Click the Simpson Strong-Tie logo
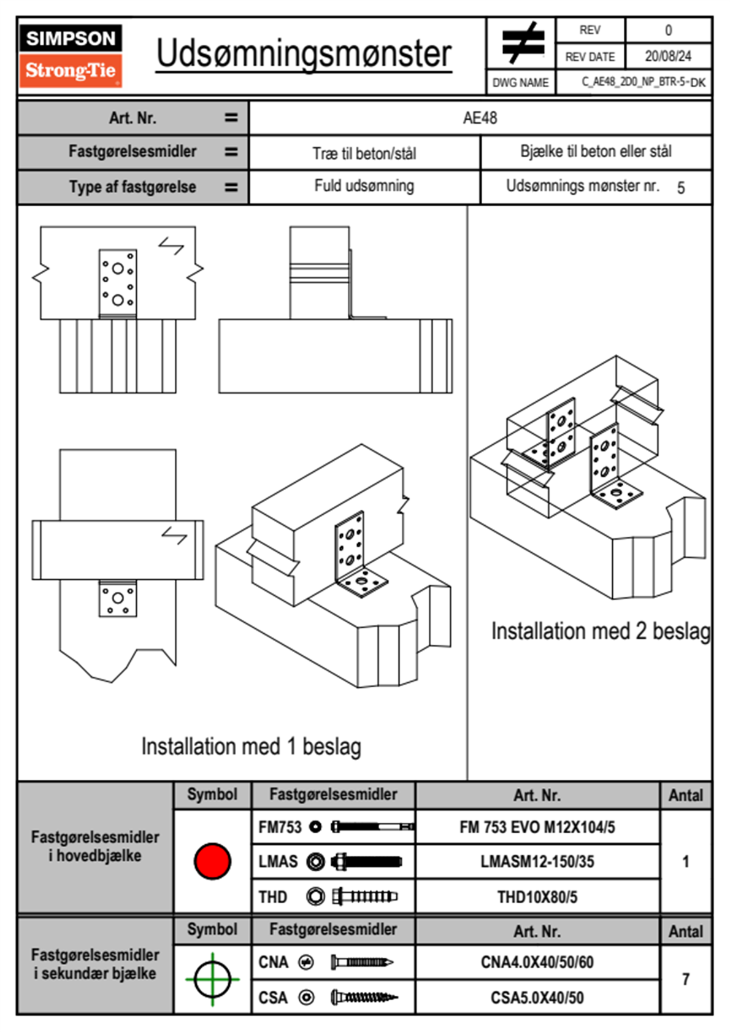tap(71, 56)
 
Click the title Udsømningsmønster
tap(304, 54)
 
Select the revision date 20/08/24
tap(667, 56)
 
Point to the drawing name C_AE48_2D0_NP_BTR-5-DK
tap(643, 82)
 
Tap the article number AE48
tap(480, 118)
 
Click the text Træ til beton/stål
tap(364, 153)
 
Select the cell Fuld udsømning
tap(364, 186)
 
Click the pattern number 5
tap(681, 188)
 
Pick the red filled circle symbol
tap(212, 861)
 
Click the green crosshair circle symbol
tap(212, 979)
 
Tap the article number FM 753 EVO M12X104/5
tap(537, 827)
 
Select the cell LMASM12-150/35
tap(537, 861)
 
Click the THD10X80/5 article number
tap(537, 897)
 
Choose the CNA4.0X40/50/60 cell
tap(537, 962)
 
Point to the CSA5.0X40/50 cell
tap(537, 998)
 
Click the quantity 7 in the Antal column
tap(686, 979)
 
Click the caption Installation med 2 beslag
tap(601, 631)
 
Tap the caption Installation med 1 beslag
tap(251, 747)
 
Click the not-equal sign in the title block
tap(522, 43)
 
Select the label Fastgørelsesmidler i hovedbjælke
tap(95, 846)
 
